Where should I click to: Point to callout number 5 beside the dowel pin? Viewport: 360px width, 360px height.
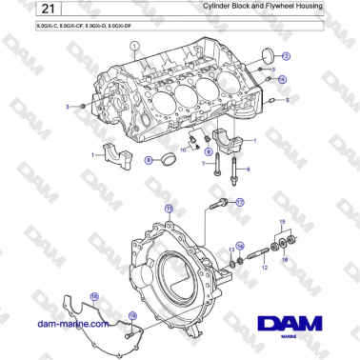point(290,99)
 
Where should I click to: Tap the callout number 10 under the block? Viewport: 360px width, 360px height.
point(184,150)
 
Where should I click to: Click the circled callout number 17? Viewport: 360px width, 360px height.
point(241,202)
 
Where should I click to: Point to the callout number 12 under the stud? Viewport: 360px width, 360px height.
point(265,270)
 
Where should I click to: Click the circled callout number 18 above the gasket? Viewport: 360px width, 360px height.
point(94,297)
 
